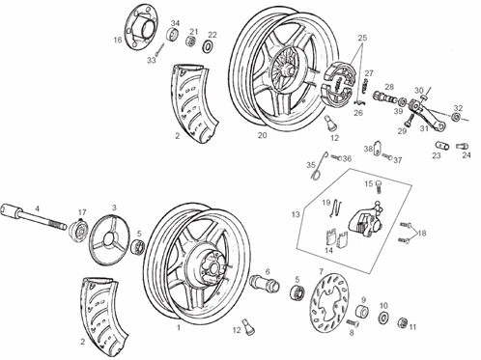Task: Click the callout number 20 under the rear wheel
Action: tap(263, 136)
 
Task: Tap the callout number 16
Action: tap(118, 40)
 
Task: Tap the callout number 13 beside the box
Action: tap(296, 214)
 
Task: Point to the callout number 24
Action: tap(467, 154)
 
